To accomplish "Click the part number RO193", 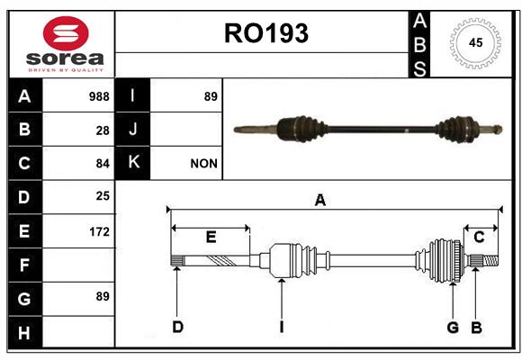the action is (266, 33).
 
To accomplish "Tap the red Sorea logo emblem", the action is (66, 33).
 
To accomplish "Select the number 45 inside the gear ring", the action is (475, 42).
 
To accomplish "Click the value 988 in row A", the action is (99, 96).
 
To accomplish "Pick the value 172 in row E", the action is (99, 231).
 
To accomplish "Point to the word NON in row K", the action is (203, 164).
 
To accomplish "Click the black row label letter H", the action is (24, 333).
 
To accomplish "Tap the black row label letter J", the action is (132, 130).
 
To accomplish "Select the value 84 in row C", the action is (103, 164).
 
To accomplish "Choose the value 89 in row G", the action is (103, 296).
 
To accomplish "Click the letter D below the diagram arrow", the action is (178, 327).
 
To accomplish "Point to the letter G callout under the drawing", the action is (453, 328).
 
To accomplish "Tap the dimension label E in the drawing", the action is (211, 237).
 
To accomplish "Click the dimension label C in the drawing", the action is (479, 237).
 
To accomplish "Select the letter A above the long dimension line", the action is (319, 200).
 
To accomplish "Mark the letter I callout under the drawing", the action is (282, 327).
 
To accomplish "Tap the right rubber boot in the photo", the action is (458, 130).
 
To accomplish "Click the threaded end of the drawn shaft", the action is (490, 260).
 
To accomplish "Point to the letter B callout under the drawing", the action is (476, 328).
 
